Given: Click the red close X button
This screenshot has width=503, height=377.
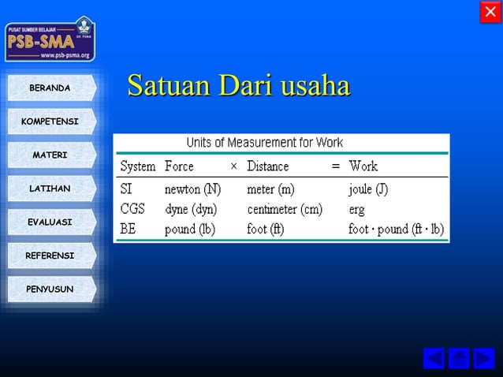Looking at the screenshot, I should (x=490, y=13).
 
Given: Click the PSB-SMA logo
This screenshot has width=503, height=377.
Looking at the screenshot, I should (x=50, y=39).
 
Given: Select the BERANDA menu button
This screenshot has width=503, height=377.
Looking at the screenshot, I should (x=50, y=88).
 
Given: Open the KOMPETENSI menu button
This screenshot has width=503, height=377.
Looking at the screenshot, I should (x=50, y=121).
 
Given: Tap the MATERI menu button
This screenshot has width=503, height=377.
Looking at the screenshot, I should (x=50, y=155).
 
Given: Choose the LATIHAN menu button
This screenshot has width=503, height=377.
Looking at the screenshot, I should (x=50, y=188).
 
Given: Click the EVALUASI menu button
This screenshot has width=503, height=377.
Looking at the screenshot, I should (x=50, y=222).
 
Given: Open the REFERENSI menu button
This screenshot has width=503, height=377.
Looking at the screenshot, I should (x=50, y=256).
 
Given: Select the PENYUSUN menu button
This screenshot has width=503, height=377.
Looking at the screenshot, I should (x=50, y=289).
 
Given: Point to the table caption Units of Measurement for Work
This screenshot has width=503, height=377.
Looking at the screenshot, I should (x=264, y=143).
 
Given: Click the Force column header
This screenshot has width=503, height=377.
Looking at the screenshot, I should (x=179, y=166).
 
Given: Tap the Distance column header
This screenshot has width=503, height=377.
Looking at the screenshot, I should (x=268, y=166).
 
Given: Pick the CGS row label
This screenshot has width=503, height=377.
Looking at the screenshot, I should (x=133, y=209).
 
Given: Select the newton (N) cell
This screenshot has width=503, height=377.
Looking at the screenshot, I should (x=192, y=189).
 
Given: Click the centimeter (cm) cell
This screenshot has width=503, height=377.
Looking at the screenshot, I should (x=285, y=209).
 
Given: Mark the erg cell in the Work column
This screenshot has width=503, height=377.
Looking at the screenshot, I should (x=358, y=210).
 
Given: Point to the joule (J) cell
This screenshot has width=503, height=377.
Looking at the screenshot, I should (x=368, y=189).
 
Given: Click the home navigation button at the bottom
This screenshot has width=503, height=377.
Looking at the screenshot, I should (x=459, y=358).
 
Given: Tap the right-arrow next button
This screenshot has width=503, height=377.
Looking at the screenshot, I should (x=484, y=358).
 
